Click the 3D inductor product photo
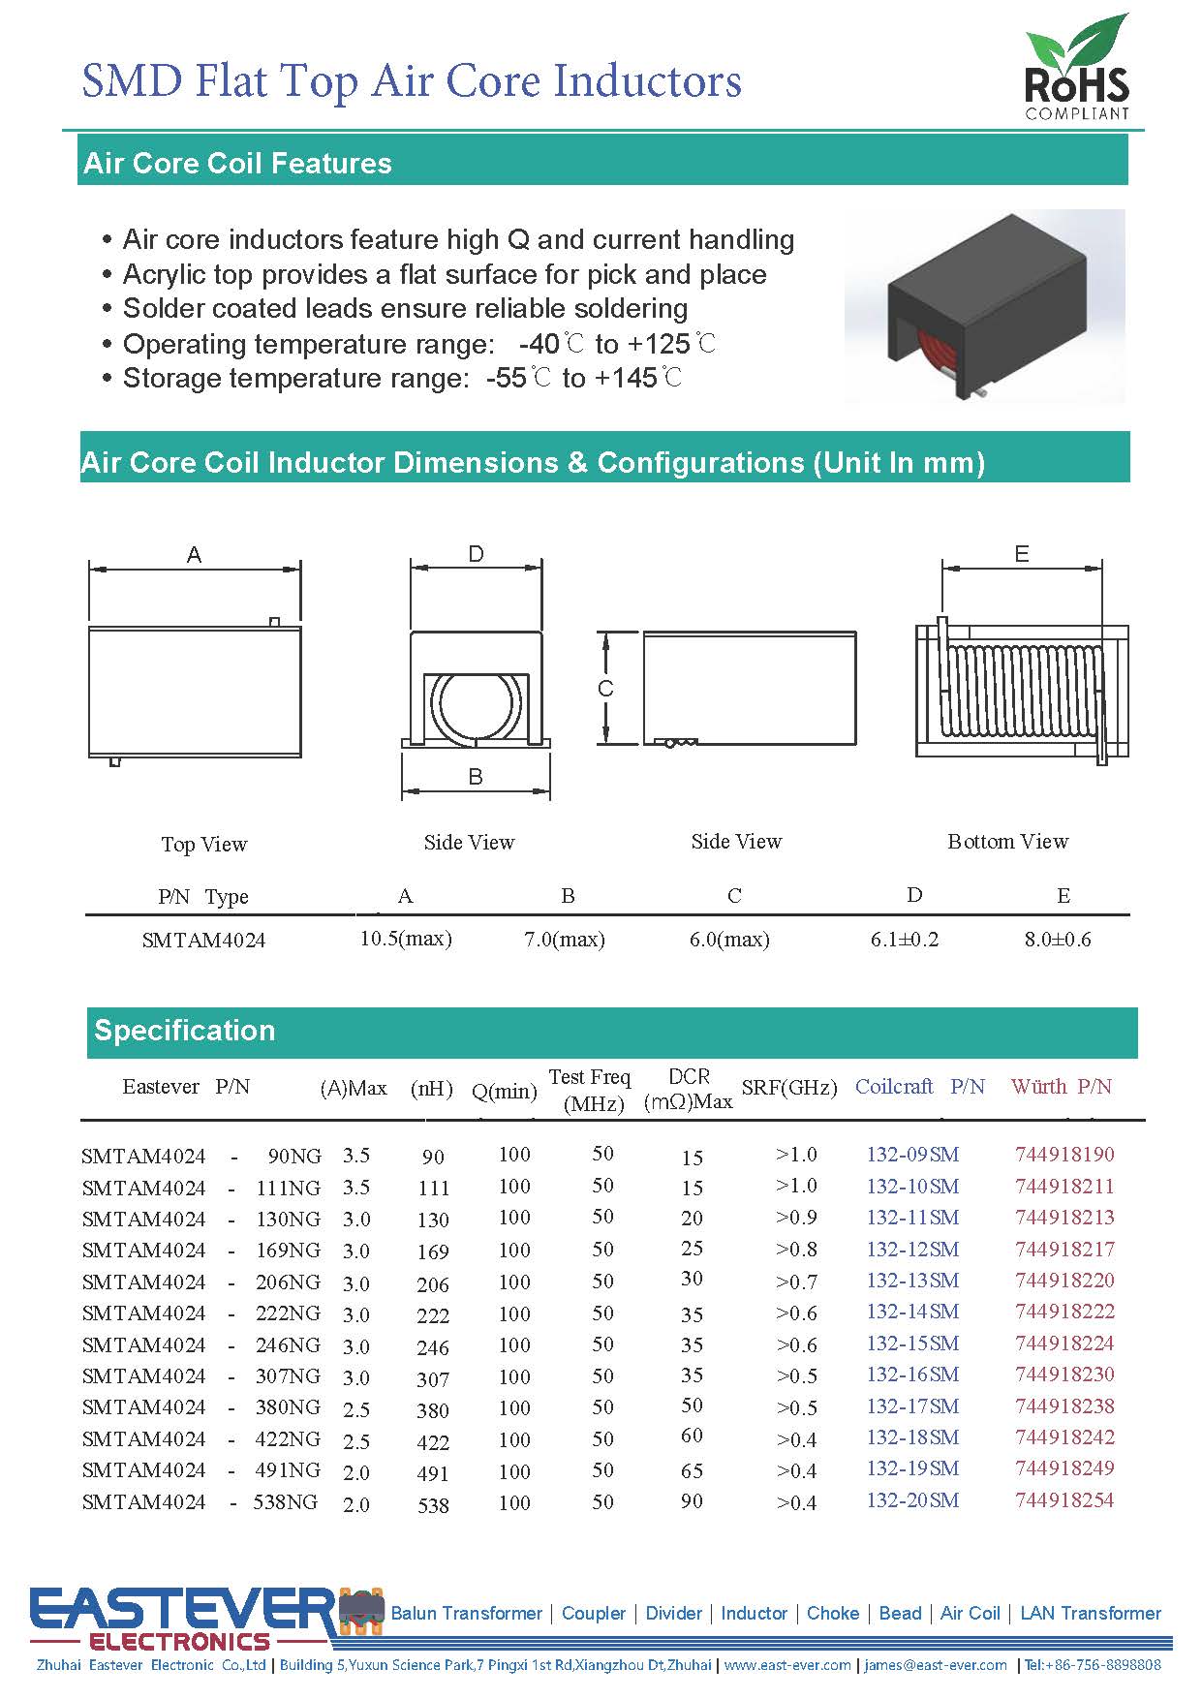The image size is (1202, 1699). pos(983,306)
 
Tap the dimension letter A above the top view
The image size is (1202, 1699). pos(194,555)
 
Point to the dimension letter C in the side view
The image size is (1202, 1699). pos(605,689)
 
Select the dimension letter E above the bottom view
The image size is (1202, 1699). pos(1021,554)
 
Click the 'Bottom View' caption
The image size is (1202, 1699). pos(1007,842)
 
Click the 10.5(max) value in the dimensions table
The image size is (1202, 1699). pos(406,939)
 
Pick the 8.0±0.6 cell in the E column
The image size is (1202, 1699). pos(1058,940)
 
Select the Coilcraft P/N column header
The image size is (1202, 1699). pos(919,1087)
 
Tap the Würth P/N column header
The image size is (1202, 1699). pos(1061,1087)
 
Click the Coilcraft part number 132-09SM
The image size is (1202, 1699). pos(912,1155)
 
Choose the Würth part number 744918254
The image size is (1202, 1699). pos(1064,1500)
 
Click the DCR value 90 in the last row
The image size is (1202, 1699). pos(692,1501)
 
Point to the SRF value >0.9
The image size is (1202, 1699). pos(796,1218)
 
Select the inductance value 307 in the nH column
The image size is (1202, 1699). pos(433,1379)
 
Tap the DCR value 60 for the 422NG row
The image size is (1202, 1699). pos(692,1436)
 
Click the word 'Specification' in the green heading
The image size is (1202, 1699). pos(184,1031)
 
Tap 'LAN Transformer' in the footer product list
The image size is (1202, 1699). pos(1091,1614)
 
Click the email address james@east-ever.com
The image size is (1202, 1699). pos(936,1665)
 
